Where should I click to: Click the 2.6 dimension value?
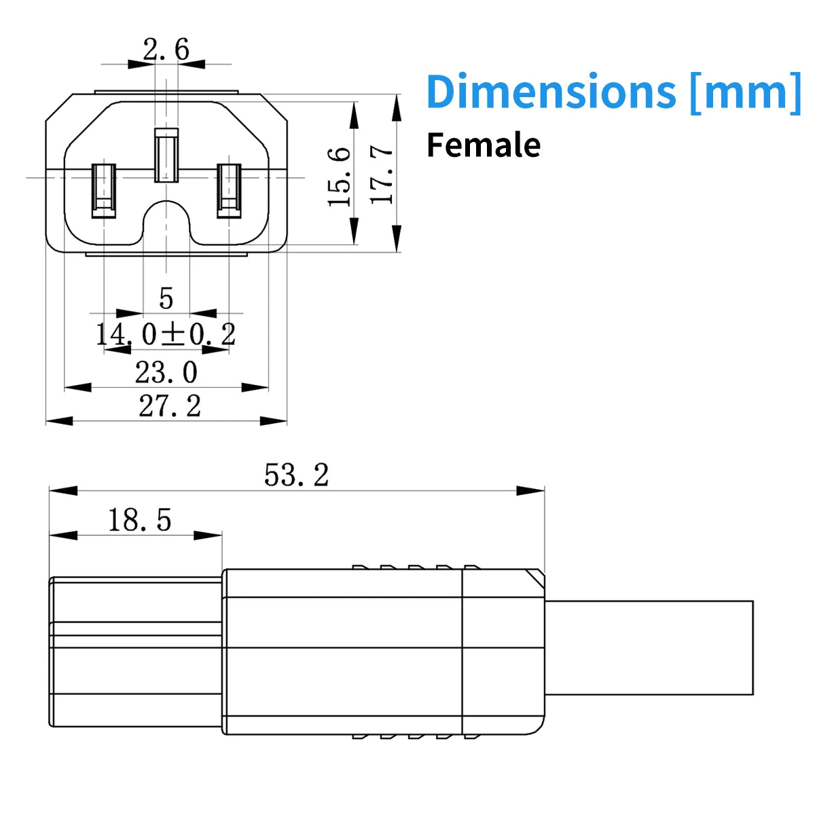(166, 49)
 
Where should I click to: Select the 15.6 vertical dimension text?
(340, 177)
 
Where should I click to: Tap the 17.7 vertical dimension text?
(384, 174)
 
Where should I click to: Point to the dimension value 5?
(166, 298)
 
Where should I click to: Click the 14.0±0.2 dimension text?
(166, 334)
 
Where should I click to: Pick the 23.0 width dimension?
(166, 372)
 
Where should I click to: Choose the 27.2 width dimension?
(170, 406)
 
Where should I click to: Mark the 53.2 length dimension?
(296, 475)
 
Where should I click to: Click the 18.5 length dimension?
(139, 520)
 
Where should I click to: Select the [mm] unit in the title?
(745, 91)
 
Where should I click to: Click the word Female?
(484, 145)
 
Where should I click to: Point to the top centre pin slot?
(166, 156)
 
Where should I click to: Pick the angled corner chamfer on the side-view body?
(535, 579)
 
